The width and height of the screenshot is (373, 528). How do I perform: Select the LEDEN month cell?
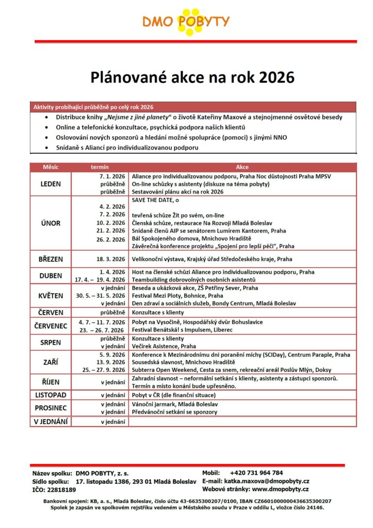(x=51, y=184)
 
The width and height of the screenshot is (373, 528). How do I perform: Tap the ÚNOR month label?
(x=51, y=223)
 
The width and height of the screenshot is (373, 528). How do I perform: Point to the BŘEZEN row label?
(x=51, y=259)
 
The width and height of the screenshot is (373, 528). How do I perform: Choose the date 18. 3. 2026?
(x=108, y=259)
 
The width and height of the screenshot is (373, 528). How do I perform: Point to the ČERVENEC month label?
(x=51, y=325)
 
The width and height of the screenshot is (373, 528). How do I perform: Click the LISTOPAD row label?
(x=51, y=394)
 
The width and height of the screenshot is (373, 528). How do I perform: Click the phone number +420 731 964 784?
(x=256, y=473)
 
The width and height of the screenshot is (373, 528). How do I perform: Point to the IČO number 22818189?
(x=61, y=489)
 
